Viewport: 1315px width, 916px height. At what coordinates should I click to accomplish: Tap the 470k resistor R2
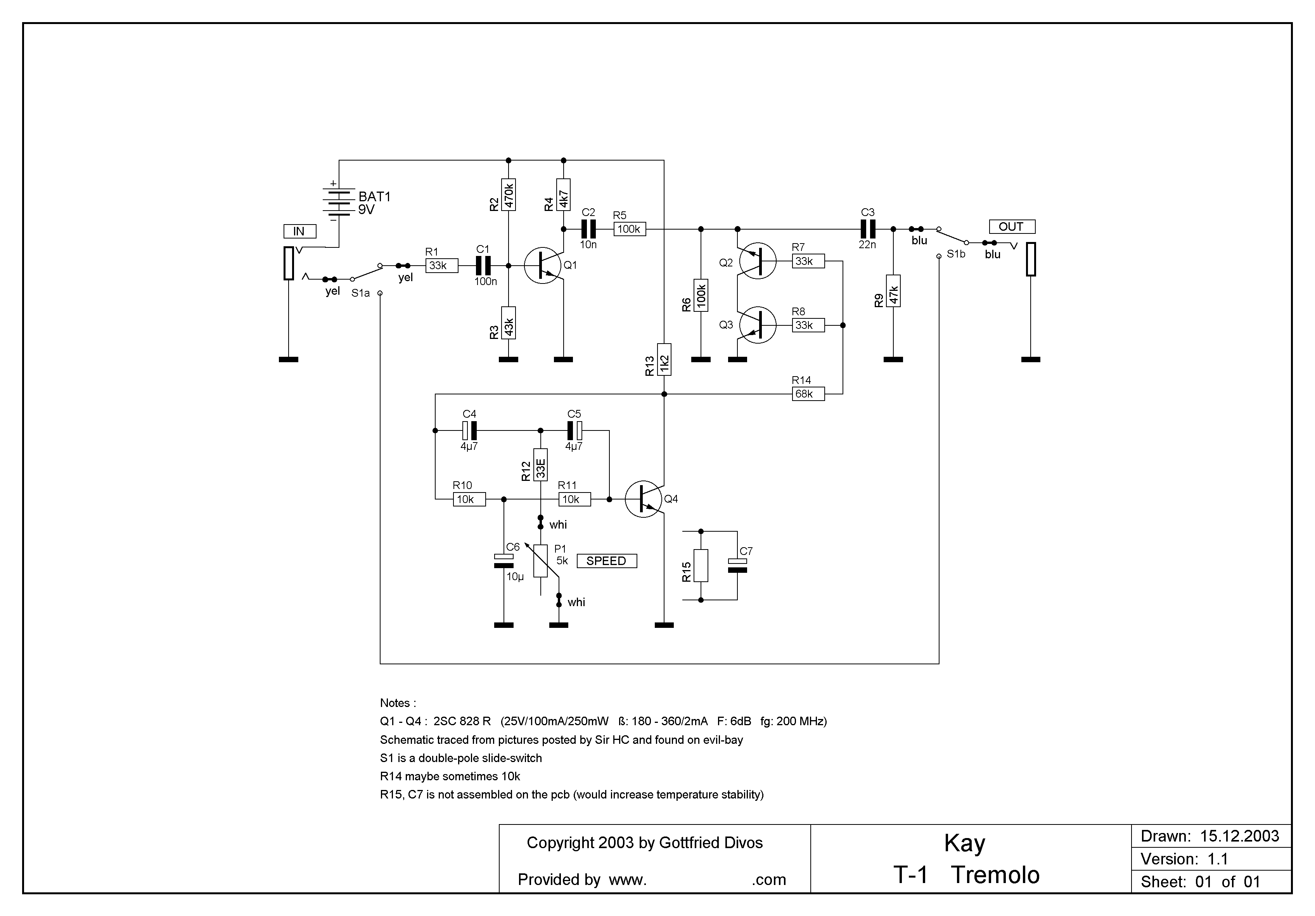509,195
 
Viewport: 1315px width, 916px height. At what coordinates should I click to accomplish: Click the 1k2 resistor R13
664,359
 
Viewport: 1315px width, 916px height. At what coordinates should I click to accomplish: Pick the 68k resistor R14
808,394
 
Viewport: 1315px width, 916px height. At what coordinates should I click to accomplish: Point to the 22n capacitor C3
868,229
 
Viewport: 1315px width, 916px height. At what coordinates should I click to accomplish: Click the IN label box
299,231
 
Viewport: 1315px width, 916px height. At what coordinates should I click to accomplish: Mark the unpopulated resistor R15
701,566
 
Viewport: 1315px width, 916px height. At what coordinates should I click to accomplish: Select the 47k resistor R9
893,291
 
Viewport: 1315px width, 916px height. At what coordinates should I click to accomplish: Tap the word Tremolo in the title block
995,875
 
